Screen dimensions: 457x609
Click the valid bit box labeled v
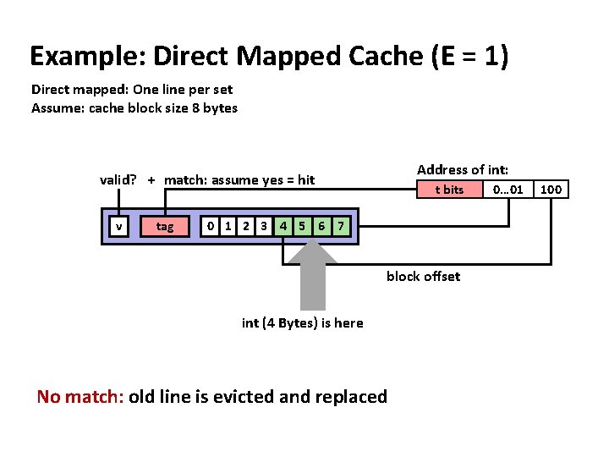(x=119, y=226)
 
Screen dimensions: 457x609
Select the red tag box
(x=165, y=226)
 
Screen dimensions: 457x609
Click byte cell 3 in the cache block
(x=265, y=226)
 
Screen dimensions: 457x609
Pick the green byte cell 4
(x=284, y=226)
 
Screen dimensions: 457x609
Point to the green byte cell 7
(x=340, y=226)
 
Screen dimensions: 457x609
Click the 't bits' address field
(x=449, y=190)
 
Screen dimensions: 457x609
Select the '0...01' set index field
(x=508, y=190)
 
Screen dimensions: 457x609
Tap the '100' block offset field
(x=551, y=190)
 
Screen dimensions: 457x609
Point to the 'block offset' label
(x=423, y=277)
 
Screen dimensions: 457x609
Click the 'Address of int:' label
(x=462, y=170)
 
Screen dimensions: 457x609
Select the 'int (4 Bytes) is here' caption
(x=302, y=323)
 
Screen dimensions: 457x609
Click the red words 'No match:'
(x=80, y=397)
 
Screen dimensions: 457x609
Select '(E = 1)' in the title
(x=469, y=56)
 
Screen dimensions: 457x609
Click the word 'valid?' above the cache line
(x=118, y=179)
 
